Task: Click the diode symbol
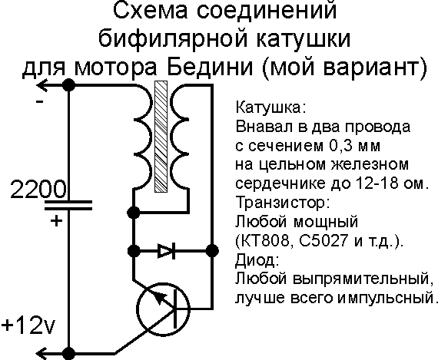[x=167, y=251]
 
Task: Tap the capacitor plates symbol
[x=68, y=205]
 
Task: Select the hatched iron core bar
[x=161, y=137]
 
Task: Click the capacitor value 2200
[x=38, y=189]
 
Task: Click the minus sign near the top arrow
[x=40, y=101]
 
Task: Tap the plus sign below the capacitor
[x=56, y=221]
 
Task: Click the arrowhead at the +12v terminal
[x=42, y=354]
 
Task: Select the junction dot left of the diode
[x=134, y=251]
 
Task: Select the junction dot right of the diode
[x=212, y=251]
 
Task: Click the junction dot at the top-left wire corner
[x=68, y=85]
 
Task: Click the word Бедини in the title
[x=210, y=67]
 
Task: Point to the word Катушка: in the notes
[x=271, y=107]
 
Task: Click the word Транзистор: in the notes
[x=283, y=203]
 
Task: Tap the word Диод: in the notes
[x=257, y=260]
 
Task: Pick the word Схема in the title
[x=151, y=11]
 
